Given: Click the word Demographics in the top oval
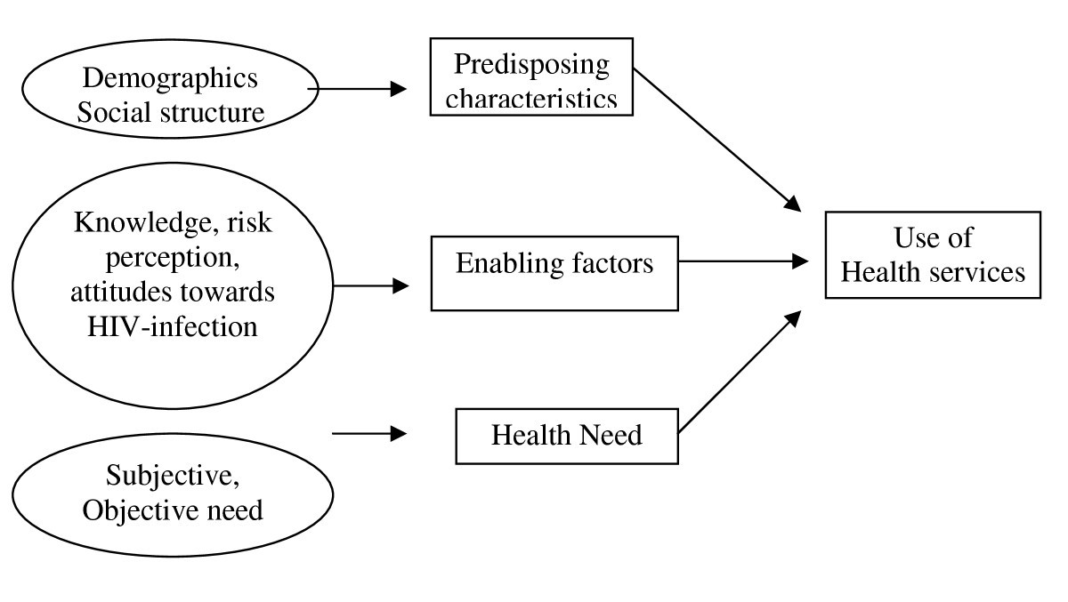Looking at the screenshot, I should click(170, 78).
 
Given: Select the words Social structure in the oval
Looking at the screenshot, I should click(170, 113).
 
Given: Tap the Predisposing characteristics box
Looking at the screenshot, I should click(531, 81).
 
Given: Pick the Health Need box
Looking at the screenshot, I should click(566, 436).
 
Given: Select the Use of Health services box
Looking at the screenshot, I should click(933, 254).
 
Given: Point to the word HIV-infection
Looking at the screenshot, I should click(173, 325).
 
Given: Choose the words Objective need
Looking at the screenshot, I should click(172, 510).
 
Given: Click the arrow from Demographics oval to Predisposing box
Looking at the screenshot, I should click(360, 89).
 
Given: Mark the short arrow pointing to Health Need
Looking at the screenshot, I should click(368, 434).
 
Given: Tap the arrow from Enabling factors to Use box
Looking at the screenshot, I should click(743, 261).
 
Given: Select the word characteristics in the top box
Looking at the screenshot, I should click(531, 98).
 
